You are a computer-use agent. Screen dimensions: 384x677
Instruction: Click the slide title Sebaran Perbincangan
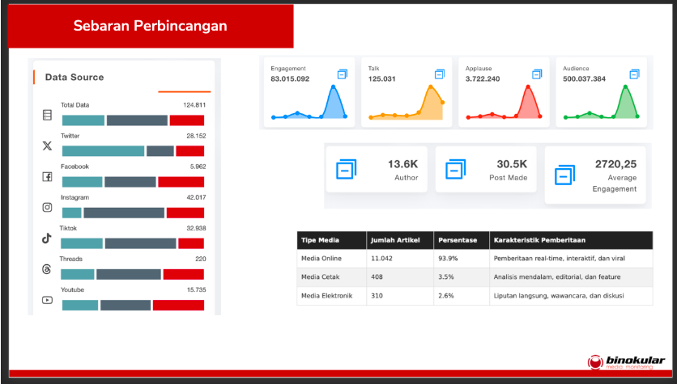pyautogui.click(x=150, y=26)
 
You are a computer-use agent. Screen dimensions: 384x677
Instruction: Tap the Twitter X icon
pyautogui.click(x=47, y=146)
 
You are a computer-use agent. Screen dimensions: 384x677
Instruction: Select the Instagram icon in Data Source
pyautogui.click(x=47, y=207)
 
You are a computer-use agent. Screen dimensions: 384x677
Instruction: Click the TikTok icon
pyautogui.click(x=47, y=238)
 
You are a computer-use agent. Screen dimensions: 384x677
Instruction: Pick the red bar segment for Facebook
pyautogui.click(x=181, y=182)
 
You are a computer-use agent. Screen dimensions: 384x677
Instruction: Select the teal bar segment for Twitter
pyautogui.click(x=103, y=151)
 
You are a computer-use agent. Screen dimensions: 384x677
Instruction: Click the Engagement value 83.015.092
pyautogui.click(x=290, y=79)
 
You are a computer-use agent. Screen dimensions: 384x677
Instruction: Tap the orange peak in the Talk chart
pyautogui.click(x=431, y=87)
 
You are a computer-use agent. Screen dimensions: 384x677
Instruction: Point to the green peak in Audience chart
pyautogui.click(x=625, y=87)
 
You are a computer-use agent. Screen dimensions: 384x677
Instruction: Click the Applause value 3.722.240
pyautogui.click(x=483, y=79)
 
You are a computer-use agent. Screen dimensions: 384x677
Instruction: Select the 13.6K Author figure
pyautogui.click(x=402, y=164)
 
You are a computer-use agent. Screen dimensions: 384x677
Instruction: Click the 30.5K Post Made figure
pyautogui.click(x=512, y=164)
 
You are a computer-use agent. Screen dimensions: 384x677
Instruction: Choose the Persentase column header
pyautogui.click(x=458, y=240)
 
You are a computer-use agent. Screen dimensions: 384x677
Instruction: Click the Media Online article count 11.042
pyautogui.click(x=381, y=258)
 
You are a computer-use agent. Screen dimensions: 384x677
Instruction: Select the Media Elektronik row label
pyautogui.click(x=326, y=296)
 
